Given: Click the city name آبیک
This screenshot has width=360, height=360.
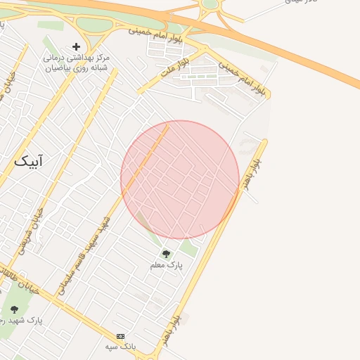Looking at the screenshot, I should click(x=28, y=160).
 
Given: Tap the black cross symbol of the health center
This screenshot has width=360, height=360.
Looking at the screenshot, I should click(x=76, y=46).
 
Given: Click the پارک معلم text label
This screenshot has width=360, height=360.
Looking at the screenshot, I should click(x=166, y=266).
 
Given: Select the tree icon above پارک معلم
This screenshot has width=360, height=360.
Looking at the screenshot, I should click(x=166, y=254).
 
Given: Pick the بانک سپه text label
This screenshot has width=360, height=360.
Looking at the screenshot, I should click(x=120, y=347).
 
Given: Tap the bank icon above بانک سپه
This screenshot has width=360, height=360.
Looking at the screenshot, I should click(x=120, y=336).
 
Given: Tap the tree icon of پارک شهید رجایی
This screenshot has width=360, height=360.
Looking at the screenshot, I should click(x=14, y=309).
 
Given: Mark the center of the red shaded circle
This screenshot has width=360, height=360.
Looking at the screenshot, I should click(x=180, y=179).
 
